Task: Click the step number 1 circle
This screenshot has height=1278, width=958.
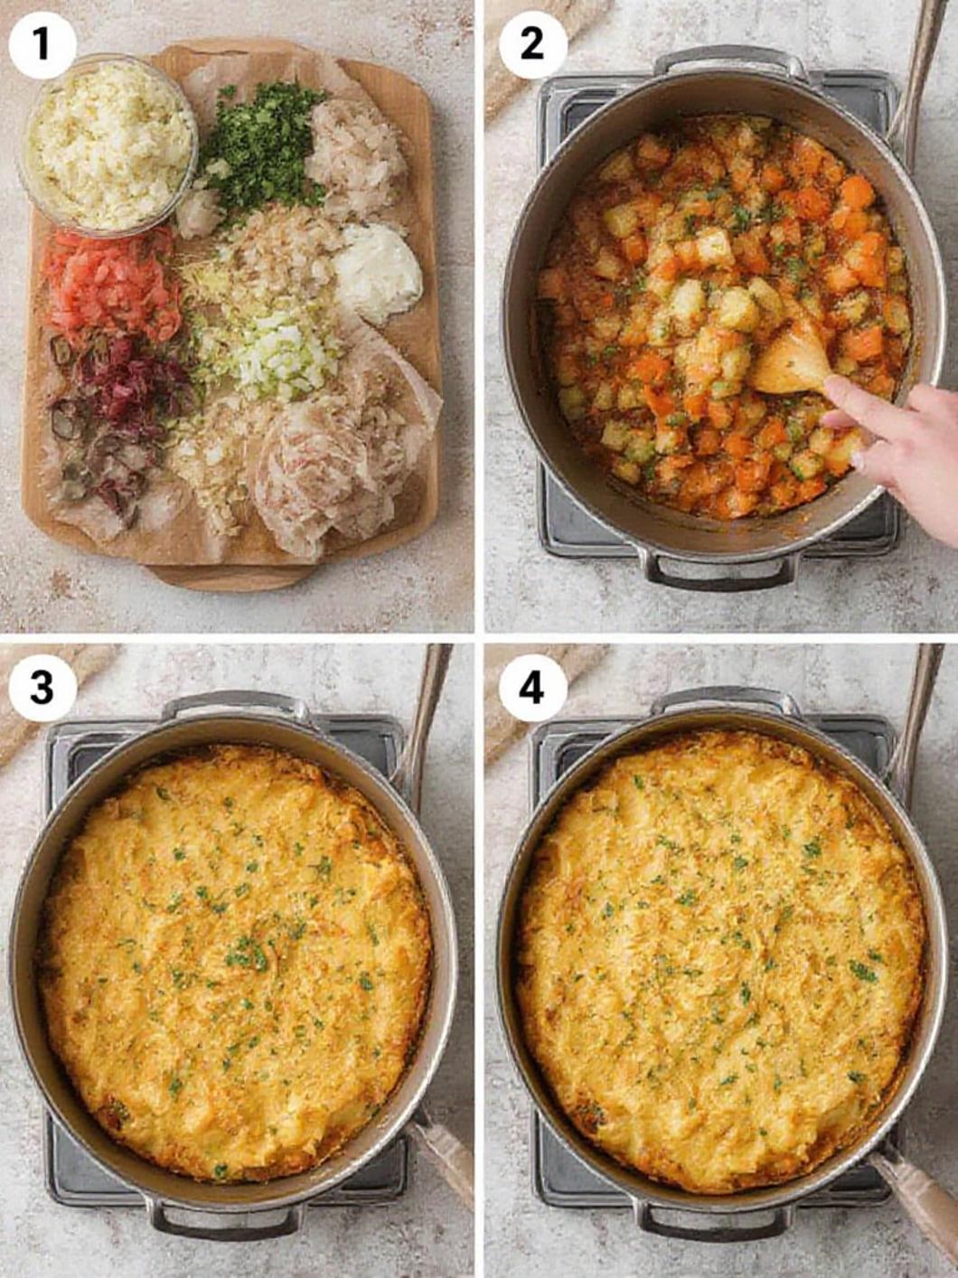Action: tap(42, 43)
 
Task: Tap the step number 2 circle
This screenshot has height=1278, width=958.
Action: tap(532, 43)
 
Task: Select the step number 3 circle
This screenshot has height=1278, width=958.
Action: tap(42, 688)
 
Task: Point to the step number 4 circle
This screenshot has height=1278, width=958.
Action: tap(532, 688)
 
